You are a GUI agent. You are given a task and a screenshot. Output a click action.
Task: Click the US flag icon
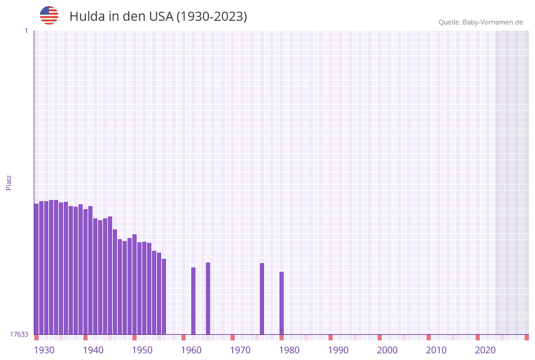49,15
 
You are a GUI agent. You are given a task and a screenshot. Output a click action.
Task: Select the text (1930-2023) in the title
211,17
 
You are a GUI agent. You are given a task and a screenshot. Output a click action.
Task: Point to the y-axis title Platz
9,182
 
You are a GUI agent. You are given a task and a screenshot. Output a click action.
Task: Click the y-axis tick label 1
26,31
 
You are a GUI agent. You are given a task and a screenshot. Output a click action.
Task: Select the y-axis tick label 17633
19,334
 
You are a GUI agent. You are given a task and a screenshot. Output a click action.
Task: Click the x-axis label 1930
44,350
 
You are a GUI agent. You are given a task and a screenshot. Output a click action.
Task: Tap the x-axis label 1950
142,350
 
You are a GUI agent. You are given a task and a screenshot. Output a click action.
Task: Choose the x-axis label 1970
240,350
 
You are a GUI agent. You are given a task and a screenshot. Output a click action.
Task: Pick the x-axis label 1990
338,350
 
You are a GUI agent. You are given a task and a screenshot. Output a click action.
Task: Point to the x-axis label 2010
436,350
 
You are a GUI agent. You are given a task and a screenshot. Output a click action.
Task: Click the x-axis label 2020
485,350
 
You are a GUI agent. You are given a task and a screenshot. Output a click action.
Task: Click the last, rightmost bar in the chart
282,303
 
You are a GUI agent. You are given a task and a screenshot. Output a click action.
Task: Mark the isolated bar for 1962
194,301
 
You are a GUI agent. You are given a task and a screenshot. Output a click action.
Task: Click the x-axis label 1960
191,350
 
